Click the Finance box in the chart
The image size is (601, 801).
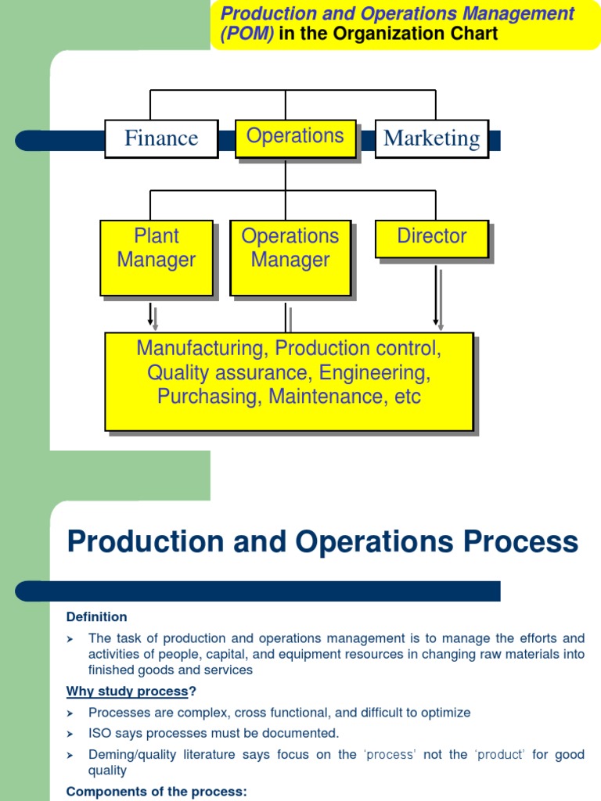(x=161, y=138)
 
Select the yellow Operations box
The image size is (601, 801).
(x=295, y=137)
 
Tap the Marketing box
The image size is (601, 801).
(x=431, y=138)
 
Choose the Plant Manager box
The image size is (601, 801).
(x=156, y=257)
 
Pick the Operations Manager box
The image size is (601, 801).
(x=290, y=257)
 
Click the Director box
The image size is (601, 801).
(x=431, y=238)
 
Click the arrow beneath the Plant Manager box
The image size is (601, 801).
(x=150, y=314)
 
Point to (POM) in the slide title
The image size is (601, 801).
(x=247, y=34)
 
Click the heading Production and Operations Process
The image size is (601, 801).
(x=322, y=541)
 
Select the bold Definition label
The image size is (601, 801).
(x=96, y=617)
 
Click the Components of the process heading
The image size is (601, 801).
(x=157, y=792)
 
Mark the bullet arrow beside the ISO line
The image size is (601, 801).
(x=70, y=734)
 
